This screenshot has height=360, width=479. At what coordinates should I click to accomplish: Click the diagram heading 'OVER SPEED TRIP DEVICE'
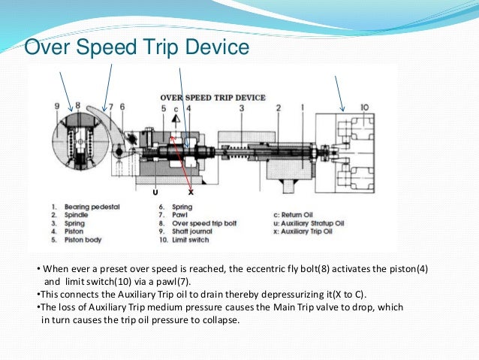213,98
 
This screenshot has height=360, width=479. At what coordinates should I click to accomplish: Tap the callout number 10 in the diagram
365,108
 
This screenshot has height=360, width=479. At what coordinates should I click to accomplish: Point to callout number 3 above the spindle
242,108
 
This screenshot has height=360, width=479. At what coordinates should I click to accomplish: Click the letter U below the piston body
155,192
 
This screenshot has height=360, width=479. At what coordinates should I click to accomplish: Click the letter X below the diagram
191,192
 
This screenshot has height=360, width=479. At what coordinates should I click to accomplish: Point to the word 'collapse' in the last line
216,320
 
